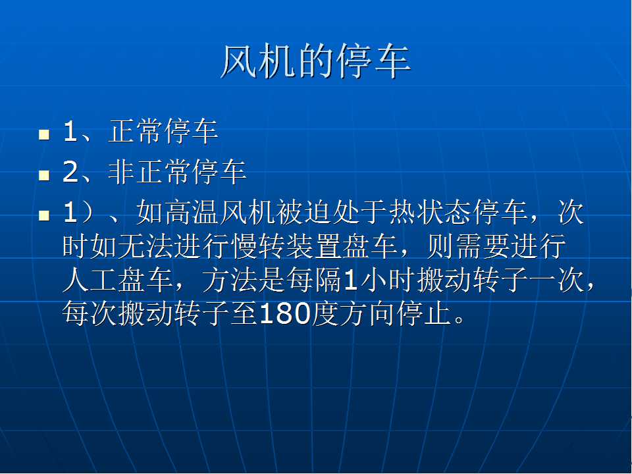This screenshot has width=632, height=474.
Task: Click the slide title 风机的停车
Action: [x=316, y=61]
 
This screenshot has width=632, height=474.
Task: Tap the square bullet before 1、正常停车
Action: [x=44, y=134]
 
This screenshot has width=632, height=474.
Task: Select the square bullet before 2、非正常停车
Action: [x=44, y=175]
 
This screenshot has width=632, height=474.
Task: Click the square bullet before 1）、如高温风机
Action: [x=44, y=215]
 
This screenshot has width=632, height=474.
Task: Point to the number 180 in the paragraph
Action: [x=285, y=313]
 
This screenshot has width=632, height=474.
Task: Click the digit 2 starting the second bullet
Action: [x=70, y=172]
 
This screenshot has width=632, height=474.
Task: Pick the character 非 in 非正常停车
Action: [x=121, y=172]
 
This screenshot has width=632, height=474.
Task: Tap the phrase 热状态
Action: [x=431, y=212]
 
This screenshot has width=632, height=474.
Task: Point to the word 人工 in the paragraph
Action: [x=90, y=280]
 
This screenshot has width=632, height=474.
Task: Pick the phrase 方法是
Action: [x=244, y=280]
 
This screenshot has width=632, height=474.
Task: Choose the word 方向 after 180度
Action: [x=367, y=313]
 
